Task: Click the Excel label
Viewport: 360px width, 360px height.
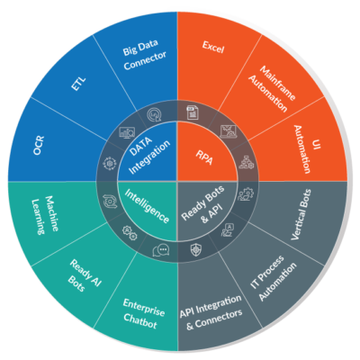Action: pyautogui.click(x=213, y=47)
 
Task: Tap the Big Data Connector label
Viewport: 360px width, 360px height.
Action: pyautogui.click(x=144, y=55)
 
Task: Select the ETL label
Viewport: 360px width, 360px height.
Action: pyautogui.click(x=78, y=84)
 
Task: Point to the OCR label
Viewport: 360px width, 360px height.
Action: pyautogui.click(x=39, y=145)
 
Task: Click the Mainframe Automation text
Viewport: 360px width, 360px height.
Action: pyautogui.click(x=273, y=88)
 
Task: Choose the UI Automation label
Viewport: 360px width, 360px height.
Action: pyautogui.click(x=307, y=149)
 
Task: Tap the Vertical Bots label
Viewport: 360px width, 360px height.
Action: pyautogui.click(x=301, y=214)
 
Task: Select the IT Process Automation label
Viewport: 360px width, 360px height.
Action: pyautogui.click(x=273, y=278)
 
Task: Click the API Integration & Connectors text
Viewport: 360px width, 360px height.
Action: pyautogui.click(x=211, y=312)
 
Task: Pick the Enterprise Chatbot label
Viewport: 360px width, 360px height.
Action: pyautogui.click(x=142, y=314)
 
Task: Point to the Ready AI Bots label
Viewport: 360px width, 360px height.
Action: pyautogui.click(x=85, y=277)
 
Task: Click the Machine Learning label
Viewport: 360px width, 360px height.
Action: pyautogui.click(x=45, y=215)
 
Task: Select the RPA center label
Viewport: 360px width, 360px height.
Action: pyautogui.click(x=204, y=157)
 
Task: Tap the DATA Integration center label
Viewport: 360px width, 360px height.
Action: pyautogui.click(x=148, y=154)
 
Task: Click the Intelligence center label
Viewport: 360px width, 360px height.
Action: pyautogui.click(x=147, y=206)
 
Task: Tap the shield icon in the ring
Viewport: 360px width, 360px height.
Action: pyautogui.click(x=196, y=249)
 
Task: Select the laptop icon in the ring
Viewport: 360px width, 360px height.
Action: pyautogui.click(x=229, y=131)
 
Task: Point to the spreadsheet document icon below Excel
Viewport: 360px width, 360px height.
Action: pyautogui.click(x=192, y=112)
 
